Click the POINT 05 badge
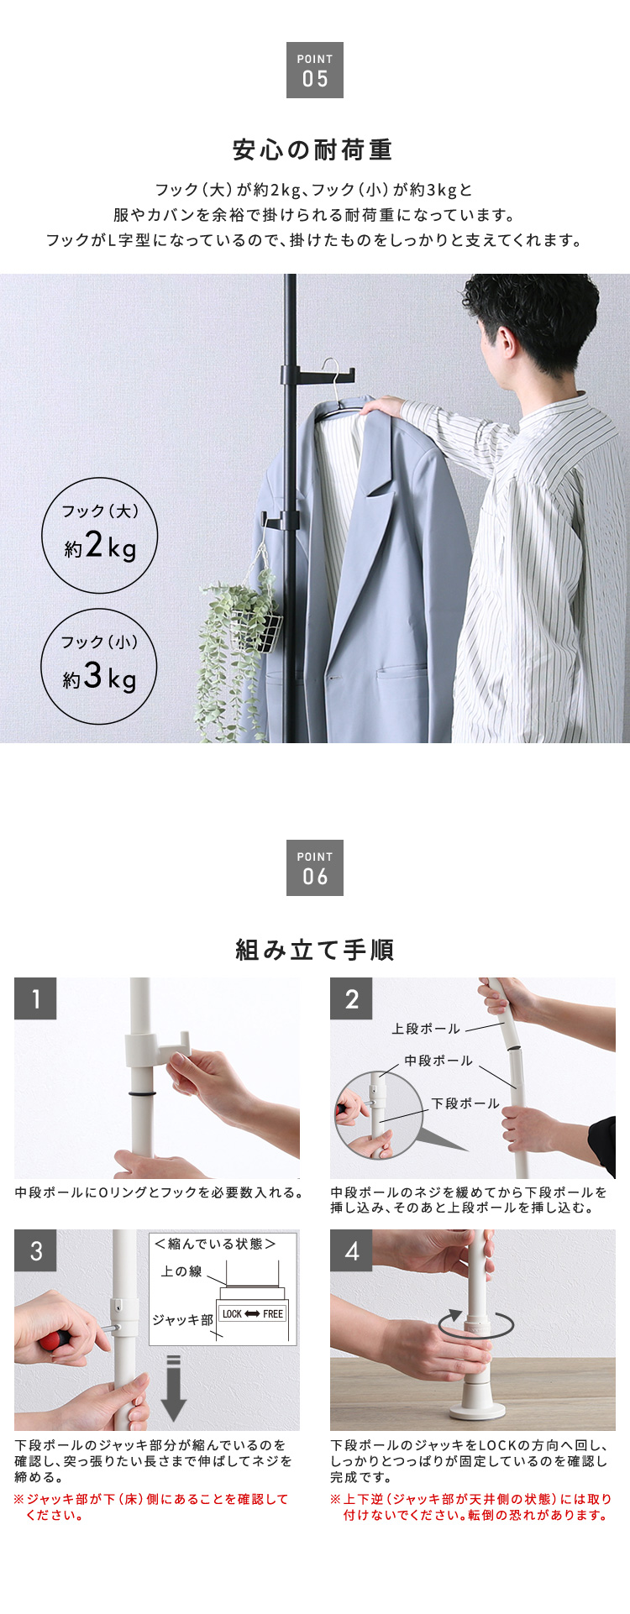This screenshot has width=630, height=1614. pyautogui.click(x=315, y=70)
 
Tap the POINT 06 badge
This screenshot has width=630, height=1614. pyautogui.click(x=315, y=867)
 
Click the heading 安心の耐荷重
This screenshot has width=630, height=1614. pyautogui.click(x=313, y=150)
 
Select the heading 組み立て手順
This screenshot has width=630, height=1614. pyautogui.click(x=315, y=950)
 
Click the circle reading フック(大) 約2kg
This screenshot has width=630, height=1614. pyautogui.click(x=100, y=534)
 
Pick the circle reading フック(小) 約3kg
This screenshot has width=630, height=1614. pyautogui.click(x=100, y=666)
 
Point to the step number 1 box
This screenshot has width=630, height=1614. pyautogui.click(x=35, y=998)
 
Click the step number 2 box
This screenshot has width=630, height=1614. pyautogui.click(x=351, y=998)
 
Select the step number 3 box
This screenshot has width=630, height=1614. pyautogui.click(x=35, y=1251)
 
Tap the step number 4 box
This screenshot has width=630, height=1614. pyautogui.click(x=351, y=1251)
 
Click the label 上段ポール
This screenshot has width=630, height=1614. pyautogui.click(x=426, y=1029)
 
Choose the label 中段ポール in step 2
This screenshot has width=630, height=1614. pyautogui.click(x=438, y=1061)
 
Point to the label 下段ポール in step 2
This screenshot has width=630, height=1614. pyautogui.click(x=465, y=1103)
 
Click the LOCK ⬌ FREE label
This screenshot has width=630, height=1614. pyautogui.click(x=253, y=1313)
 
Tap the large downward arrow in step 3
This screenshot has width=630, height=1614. pyautogui.click(x=173, y=1387)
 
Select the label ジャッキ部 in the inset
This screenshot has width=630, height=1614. pyautogui.click(x=182, y=1319)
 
